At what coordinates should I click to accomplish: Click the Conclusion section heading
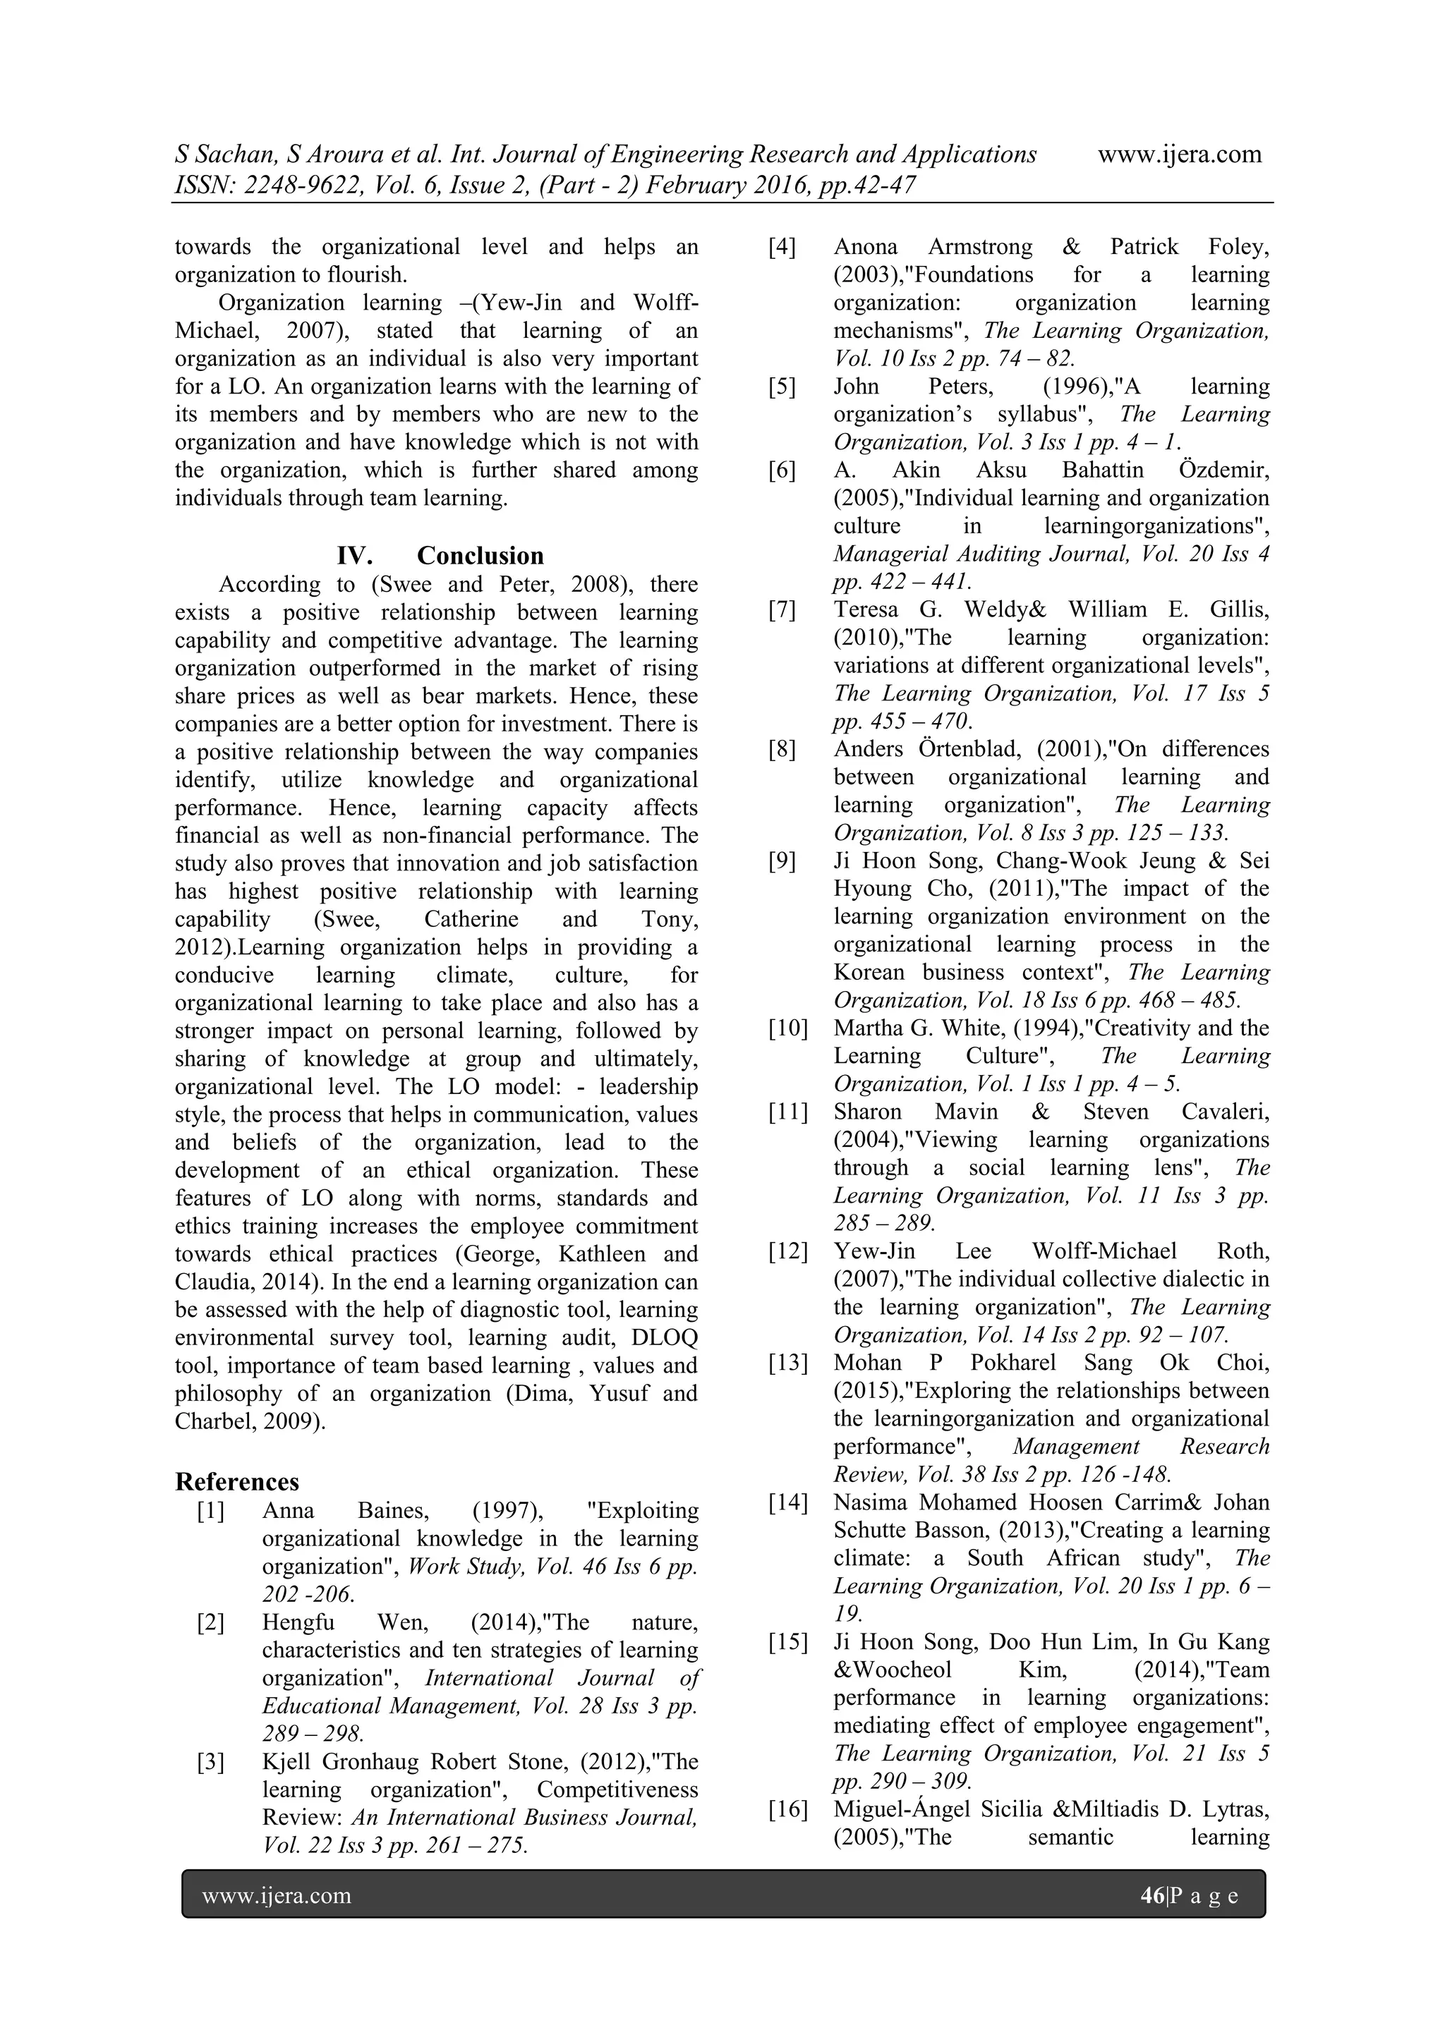[x=480, y=556]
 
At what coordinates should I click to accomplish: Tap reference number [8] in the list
[x=782, y=749]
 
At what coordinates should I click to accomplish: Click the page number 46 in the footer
[x=1151, y=1895]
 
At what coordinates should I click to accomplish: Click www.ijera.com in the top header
[x=1179, y=154]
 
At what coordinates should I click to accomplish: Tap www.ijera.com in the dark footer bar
[x=277, y=1895]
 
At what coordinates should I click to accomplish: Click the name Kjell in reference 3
[x=286, y=1762]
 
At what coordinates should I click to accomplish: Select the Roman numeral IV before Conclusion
[x=354, y=556]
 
